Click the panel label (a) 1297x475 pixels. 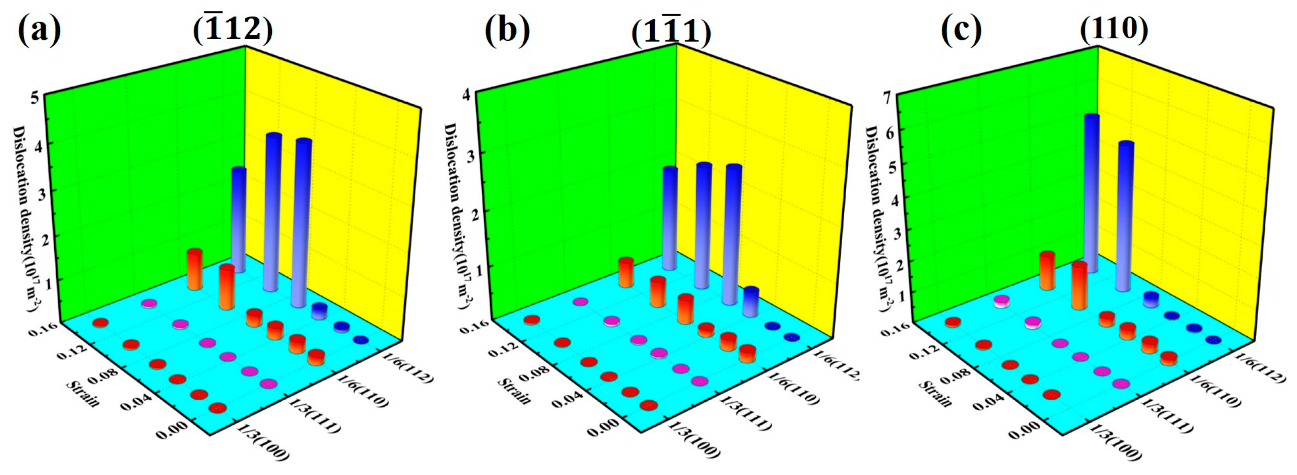(39, 30)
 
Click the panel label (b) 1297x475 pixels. (507, 30)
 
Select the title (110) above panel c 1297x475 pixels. (1114, 29)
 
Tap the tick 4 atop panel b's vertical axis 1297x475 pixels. (467, 94)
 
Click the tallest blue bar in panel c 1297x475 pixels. (1091, 191)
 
